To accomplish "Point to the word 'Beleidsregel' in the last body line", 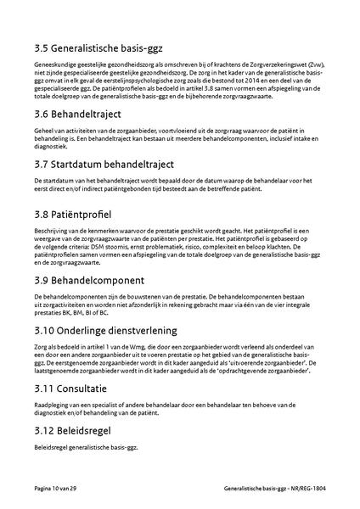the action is (x=51, y=447).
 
